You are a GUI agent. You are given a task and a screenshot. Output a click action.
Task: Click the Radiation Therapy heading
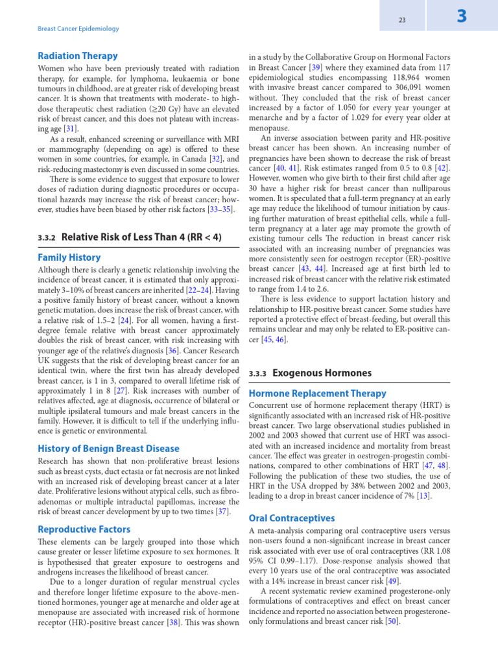pyautogui.click(x=78, y=56)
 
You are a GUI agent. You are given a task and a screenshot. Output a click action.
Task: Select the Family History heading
pyautogui.click(x=69, y=257)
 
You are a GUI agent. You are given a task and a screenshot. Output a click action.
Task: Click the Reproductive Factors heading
pyautogui.click(x=84, y=529)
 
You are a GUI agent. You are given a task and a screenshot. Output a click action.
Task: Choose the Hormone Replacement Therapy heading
pyautogui.click(x=318, y=394)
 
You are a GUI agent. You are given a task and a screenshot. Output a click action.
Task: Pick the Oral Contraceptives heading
pyautogui.click(x=292, y=518)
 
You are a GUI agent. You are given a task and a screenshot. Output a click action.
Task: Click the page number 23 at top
pyautogui.click(x=402, y=20)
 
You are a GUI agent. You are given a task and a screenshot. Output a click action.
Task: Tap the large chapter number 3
pyautogui.click(x=462, y=17)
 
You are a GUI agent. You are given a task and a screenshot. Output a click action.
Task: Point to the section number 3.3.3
pyautogui.click(x=258, y=373)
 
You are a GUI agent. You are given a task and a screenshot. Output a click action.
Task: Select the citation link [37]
pyautogui.click(x=222, y=512)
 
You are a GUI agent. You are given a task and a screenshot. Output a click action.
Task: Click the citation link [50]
pyautogui.click(x=391, y=621)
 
